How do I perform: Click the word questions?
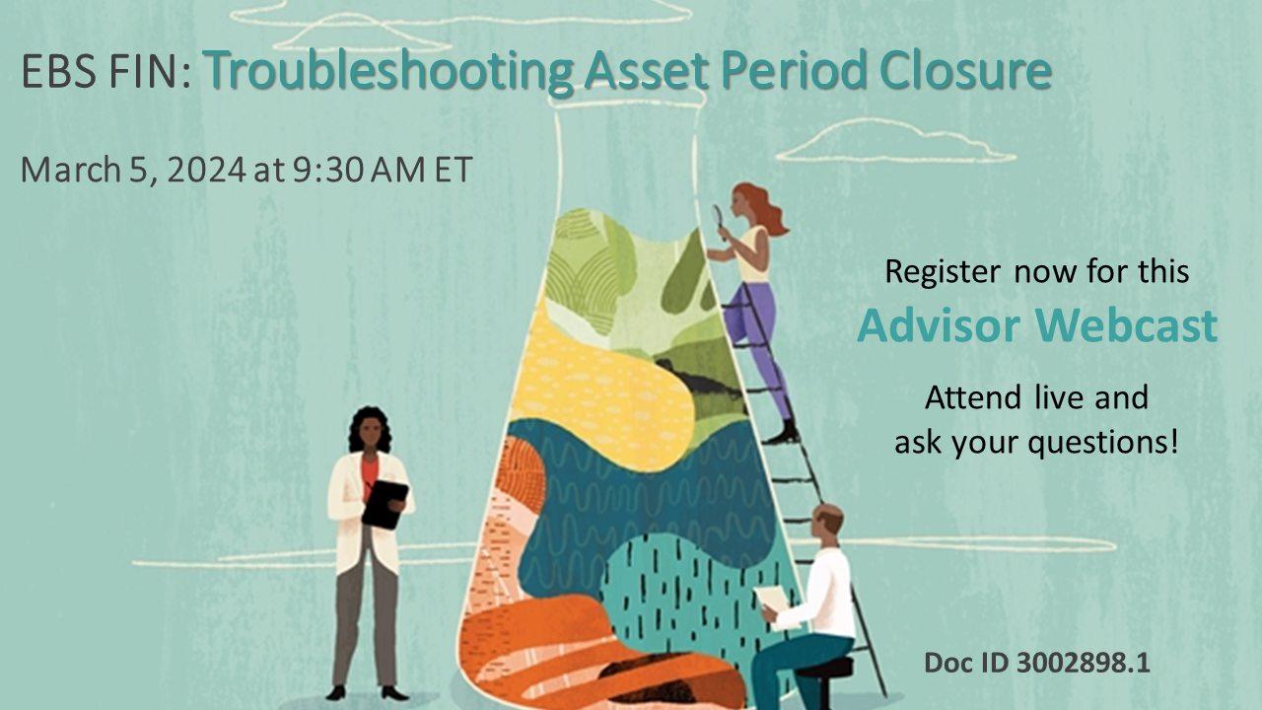coord(1103,443)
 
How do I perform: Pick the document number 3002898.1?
coord(1084,662)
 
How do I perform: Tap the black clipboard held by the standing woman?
coord(386,503)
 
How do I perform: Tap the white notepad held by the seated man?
coord(773,603)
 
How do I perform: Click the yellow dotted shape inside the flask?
coord(601,390)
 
